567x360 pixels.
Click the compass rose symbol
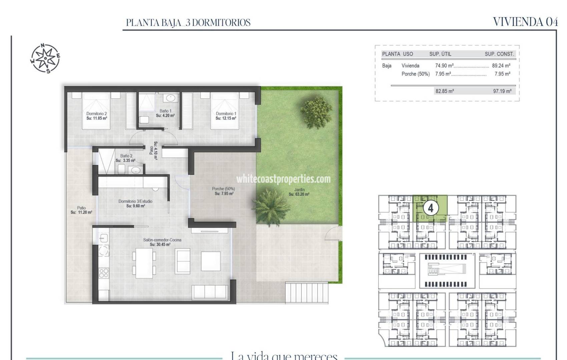click(x=45, y=58)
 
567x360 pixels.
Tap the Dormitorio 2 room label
click(x=96, y=116)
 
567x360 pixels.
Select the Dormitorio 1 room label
click(x=226, y=116)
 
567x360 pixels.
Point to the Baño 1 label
click(x=165, y=113)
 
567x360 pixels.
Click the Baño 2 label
click(x=126, y=158)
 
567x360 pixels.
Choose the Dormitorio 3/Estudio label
click(x=135, y=203)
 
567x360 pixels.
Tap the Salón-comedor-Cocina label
click(x=162, y=242)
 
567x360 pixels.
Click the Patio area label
click(x=81, y=210)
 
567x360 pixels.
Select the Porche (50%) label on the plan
click(x=223, y=191)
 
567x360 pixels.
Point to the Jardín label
click(x=299, y=192)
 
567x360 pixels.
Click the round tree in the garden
click(x=316, y=112)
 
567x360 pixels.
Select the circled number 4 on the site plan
click(x=430, y=208)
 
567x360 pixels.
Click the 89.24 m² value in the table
click(x=501, y=66)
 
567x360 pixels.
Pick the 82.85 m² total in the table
click(x=444, y=91)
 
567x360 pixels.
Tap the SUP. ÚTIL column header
click(x=440, y=54)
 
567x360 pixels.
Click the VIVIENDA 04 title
click(x=525, y=22)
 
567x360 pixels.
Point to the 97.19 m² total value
click(x=502, y=91)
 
